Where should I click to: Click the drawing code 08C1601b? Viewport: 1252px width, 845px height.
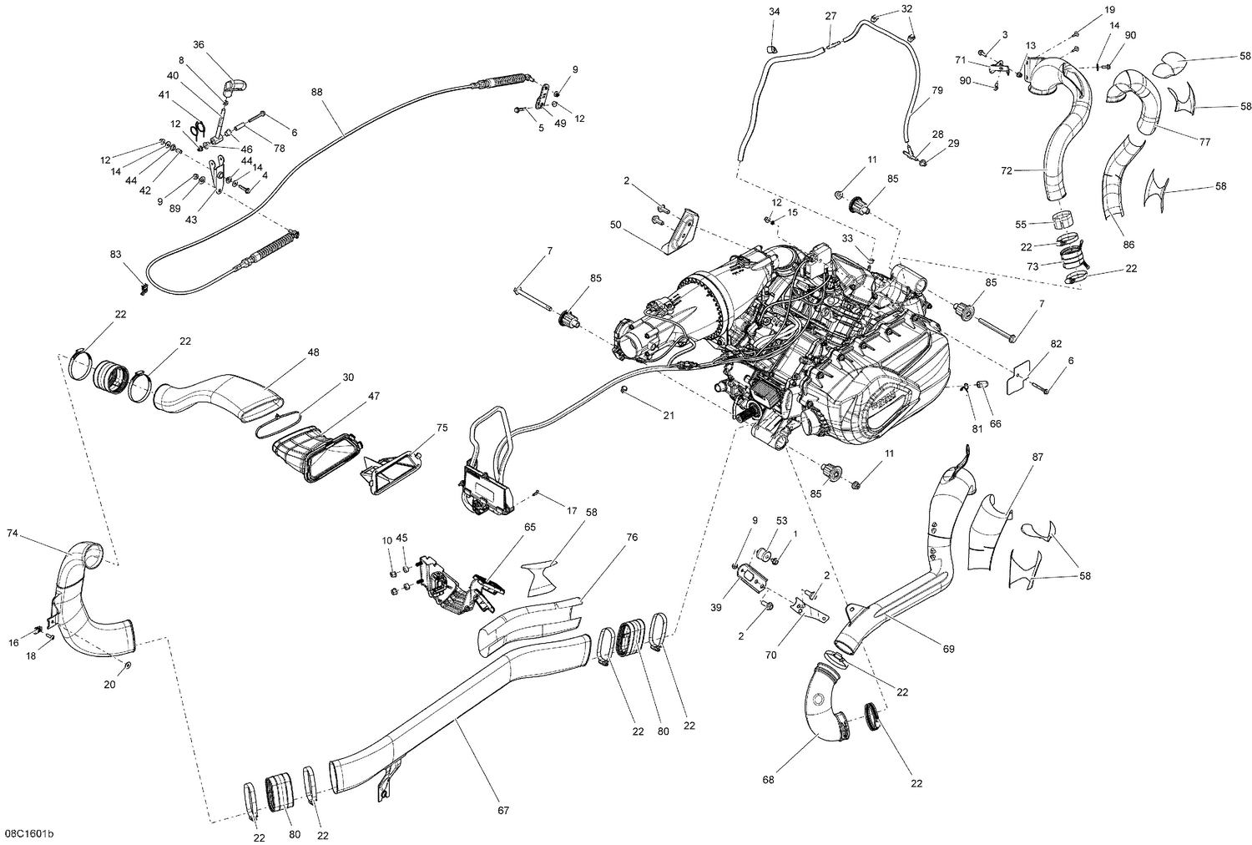point(33,833)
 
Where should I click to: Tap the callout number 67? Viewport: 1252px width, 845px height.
point(502,810)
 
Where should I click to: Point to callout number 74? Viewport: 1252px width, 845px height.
point(13,532)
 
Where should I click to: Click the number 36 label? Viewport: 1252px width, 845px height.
point(198,44)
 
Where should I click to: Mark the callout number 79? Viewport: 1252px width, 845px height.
point(936,89)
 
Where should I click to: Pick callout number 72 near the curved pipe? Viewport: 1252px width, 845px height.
point(1006,170)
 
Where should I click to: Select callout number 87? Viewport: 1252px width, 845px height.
point(1037,457)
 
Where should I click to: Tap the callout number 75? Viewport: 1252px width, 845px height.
point(442,428)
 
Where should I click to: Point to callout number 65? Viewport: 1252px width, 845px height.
point(530,527)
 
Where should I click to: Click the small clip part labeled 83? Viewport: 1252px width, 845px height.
point(144,288)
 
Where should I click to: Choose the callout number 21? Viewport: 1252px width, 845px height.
point(668,415)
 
